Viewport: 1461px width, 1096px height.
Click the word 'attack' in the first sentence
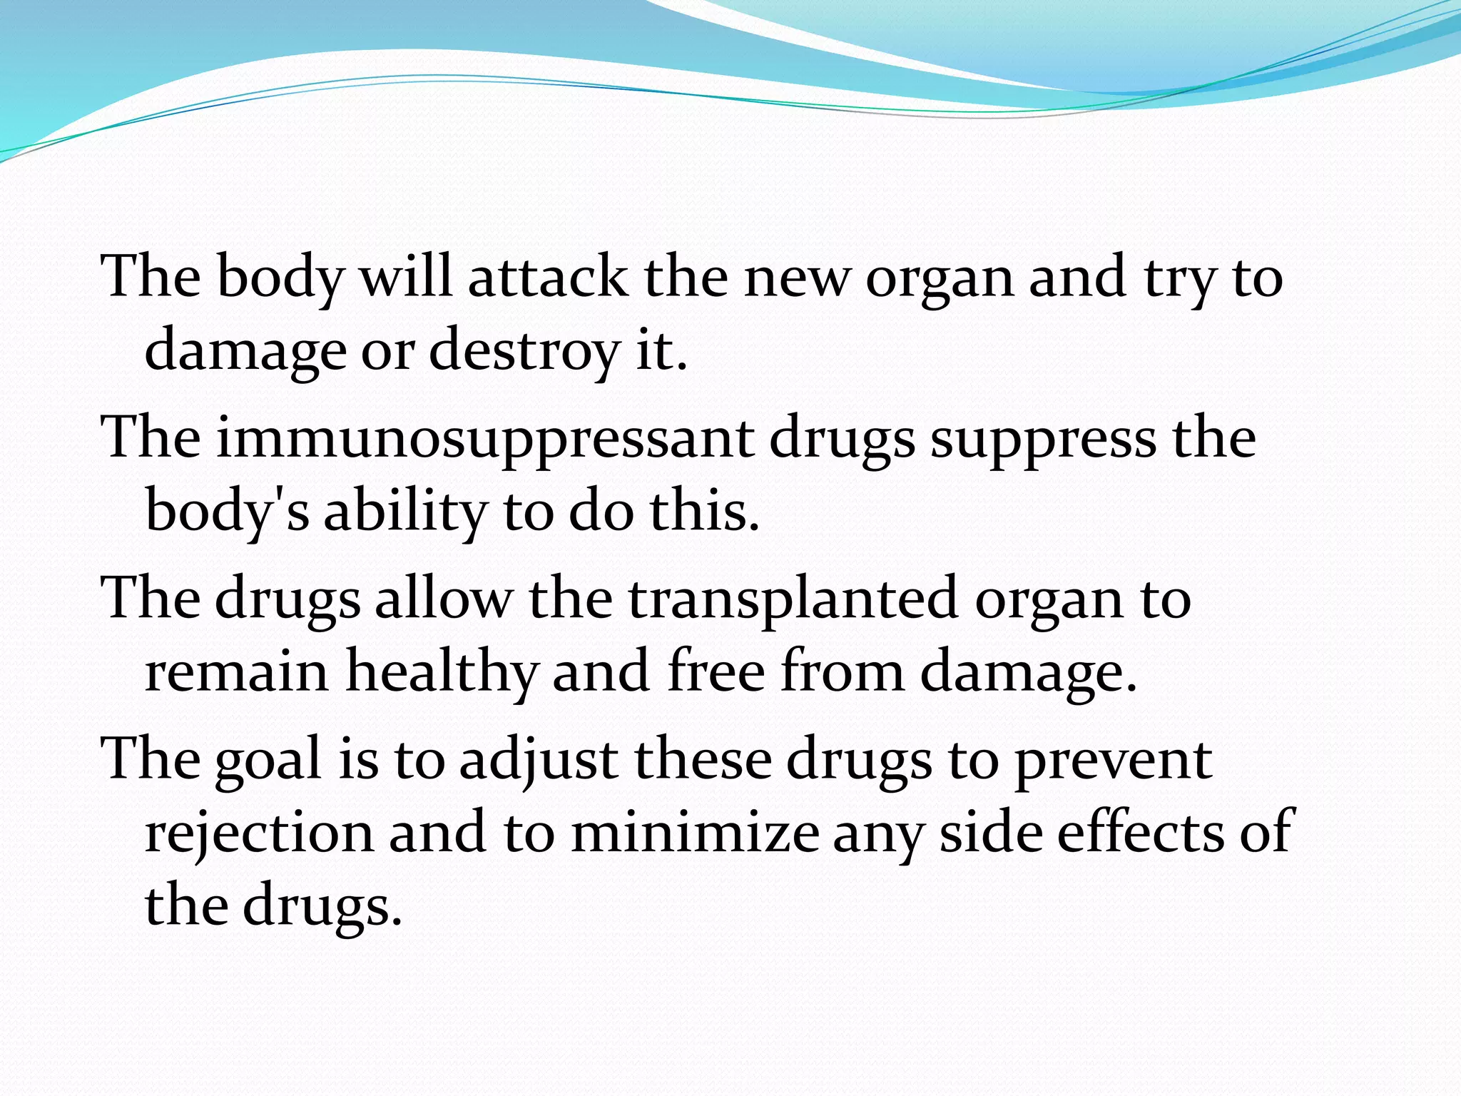[547, 277]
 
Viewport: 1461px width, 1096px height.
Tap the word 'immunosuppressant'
[485, 438]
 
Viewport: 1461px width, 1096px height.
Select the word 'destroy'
[524, 351]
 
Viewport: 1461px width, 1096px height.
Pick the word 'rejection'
[259, 833]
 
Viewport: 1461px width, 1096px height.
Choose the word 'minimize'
[695, 833]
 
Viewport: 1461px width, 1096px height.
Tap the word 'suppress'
[1044, 438]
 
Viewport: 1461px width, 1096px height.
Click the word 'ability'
[404, 512]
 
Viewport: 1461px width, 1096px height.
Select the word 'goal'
[268, 760]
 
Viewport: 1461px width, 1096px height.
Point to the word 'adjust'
[539, 760]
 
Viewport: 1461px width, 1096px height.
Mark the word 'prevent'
[1113, 760]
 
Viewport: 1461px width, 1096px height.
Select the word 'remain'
[236, 672]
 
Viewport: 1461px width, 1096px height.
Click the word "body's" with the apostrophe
[228, 512]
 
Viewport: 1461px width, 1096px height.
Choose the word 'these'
[703, 760]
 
